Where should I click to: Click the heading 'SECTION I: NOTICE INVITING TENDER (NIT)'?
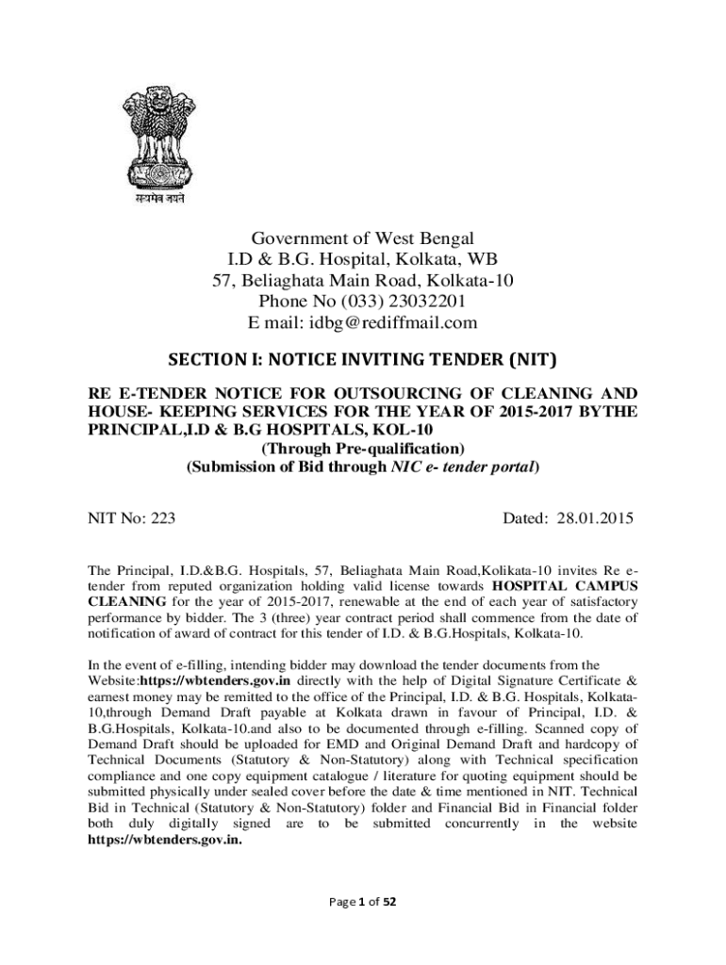(363, 359)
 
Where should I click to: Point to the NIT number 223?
(163, 517)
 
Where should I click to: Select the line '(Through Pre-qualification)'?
(363, 449)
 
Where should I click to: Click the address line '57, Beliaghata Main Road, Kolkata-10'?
(363, 280)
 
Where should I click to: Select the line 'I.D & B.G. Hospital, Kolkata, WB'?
(363, 259)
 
